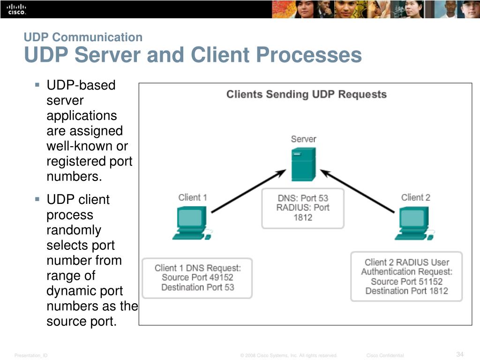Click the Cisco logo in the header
16,9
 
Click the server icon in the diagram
303,164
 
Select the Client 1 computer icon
193,223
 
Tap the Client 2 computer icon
414,223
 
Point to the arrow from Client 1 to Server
248,191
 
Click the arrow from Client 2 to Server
358,191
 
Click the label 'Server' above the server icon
303,139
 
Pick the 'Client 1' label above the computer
193,197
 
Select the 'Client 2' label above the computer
415,197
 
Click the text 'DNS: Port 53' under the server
303,198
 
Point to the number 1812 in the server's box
303,217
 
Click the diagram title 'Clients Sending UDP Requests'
307,94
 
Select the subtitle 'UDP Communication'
83,37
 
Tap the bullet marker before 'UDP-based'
37,85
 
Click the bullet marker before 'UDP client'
37,199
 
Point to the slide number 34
460,354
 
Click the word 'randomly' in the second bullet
74,230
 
